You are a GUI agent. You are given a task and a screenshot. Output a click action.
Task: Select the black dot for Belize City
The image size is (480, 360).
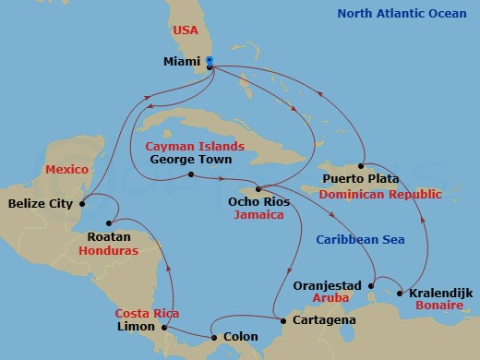click(x=83, y=203)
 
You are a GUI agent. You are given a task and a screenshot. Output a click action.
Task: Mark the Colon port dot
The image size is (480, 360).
click(x=214, y=338)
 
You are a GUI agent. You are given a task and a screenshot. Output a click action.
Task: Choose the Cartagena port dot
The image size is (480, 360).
click(x=282, y=320)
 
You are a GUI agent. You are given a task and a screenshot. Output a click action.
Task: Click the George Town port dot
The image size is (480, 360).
click(x=189, y=174)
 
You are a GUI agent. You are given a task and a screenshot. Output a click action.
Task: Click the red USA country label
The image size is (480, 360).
click(x=186, y=30)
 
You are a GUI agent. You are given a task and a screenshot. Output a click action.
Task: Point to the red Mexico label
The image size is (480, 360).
click(x=66, y=171)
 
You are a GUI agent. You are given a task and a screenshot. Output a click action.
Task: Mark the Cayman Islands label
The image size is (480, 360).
click(x=194, y=146)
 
